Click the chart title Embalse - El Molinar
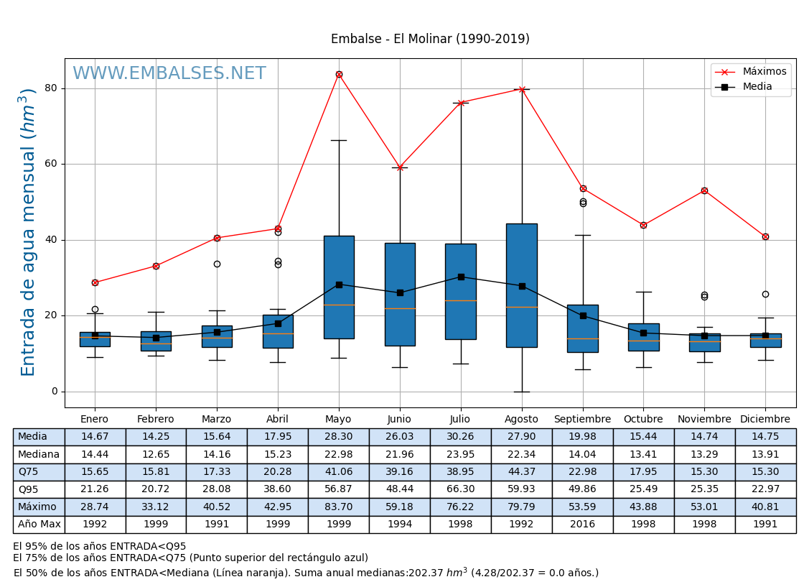430,39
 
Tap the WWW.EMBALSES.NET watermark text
169,74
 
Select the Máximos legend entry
764,71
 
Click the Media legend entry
757,87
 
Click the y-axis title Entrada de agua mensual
28,231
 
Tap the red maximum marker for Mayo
339,74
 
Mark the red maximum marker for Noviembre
704,190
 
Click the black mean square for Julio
461,277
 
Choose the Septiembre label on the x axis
582,420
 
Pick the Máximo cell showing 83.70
339,507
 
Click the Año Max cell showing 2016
582,525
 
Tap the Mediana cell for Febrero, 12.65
156,454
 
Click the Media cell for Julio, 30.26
460,437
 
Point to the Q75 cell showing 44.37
521,472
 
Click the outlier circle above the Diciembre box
765,294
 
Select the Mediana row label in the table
39,454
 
